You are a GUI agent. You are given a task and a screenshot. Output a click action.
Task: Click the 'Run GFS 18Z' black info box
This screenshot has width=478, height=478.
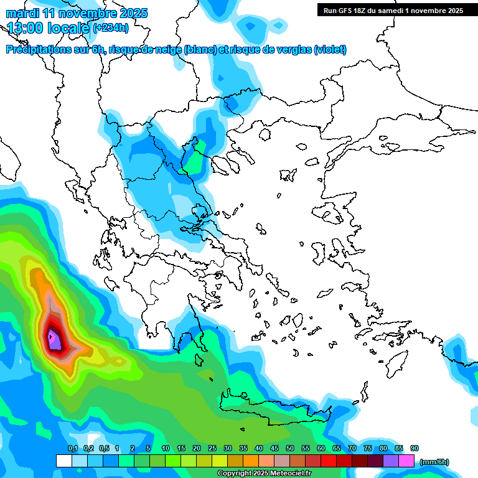point(393,10)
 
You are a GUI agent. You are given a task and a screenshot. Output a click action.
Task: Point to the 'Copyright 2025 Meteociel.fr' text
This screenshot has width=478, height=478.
point(265,474)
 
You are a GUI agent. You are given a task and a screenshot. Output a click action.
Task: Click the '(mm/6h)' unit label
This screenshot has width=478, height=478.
point(434,462)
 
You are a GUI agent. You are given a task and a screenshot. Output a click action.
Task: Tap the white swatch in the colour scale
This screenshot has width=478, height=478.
point(63,461)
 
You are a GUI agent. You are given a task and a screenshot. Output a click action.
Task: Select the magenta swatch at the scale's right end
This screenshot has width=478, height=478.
point(406,461)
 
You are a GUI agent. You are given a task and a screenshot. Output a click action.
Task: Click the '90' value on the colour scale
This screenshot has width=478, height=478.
point(415,448)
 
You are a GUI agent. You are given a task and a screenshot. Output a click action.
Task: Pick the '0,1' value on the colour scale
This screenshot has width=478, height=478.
point(73,448)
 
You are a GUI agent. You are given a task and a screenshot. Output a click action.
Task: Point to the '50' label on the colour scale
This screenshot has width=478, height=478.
point(290,448)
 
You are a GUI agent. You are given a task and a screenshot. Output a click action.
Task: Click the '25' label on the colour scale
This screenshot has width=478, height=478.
point(212,448)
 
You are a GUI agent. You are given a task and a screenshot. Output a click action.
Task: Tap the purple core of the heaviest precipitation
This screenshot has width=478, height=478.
point(54,340)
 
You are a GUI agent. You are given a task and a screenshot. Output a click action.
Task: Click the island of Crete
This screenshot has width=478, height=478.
point(274,411)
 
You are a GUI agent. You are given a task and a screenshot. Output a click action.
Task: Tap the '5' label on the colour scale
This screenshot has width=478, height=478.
point(148,448)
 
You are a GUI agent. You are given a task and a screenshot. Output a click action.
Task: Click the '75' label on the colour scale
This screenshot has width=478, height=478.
point(368,448)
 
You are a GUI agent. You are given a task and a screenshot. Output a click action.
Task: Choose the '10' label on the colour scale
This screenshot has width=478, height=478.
point(166,448)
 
